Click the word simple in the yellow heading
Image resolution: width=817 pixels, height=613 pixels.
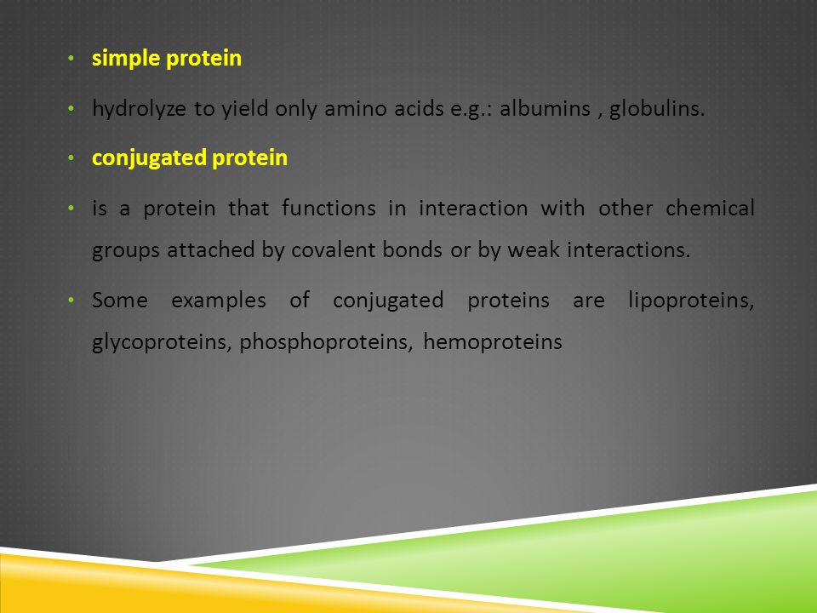pos(126,59)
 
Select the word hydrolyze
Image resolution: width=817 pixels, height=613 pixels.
pos(139,109)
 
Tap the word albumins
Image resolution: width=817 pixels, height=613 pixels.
pos(545,108)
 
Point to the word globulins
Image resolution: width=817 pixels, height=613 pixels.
pos(656,108)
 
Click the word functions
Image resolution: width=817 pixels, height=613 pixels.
pos(329,208)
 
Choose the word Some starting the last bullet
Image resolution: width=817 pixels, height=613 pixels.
pos(120,301)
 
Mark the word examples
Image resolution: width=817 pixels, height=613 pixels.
pos(219,301)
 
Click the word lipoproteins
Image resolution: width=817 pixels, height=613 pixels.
pos(691,301)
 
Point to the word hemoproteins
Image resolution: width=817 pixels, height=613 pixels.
pos(493,342)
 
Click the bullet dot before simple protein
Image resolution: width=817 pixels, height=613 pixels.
pos(71,59)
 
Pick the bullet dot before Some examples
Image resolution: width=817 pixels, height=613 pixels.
pos(71,301)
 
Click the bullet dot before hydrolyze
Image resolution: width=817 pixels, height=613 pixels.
pos(71,109)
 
